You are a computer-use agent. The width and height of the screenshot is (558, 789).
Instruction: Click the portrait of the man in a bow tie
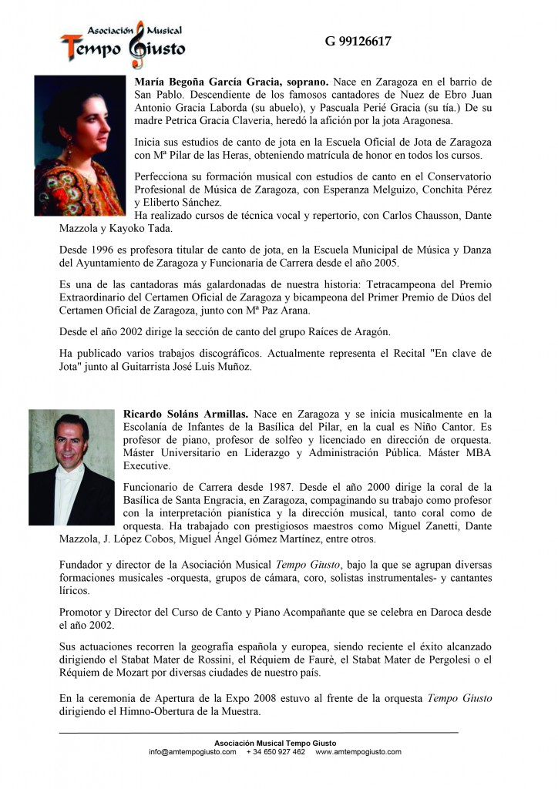point(71,468)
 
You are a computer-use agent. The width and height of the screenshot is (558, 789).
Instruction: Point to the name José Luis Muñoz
point(217,367)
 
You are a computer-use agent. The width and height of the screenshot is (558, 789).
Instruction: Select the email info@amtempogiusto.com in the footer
point(193,751)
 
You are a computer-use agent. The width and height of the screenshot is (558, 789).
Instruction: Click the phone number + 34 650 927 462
point(276,751)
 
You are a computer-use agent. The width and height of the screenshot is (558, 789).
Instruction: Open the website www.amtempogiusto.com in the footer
point(358,751)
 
